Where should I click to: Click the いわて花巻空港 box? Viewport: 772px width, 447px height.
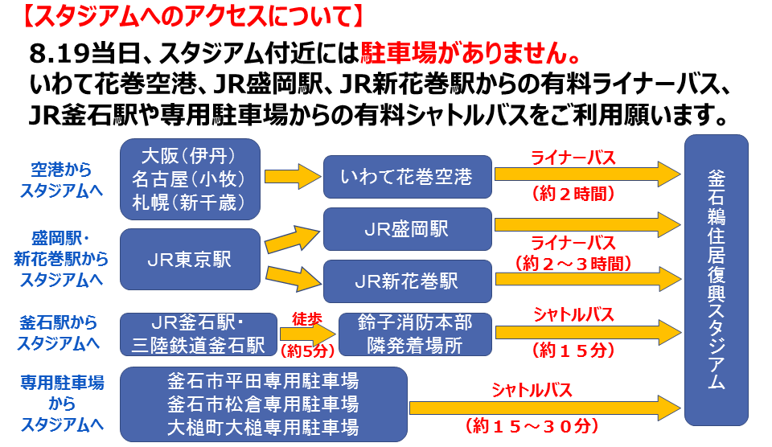tap(407, 176)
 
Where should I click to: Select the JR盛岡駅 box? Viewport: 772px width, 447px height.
tap(407, 229)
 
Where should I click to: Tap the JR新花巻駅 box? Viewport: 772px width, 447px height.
tap(407, 281)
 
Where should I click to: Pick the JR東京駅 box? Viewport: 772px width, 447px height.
tap(190, 260)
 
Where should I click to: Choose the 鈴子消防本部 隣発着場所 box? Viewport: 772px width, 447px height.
tap(415, 334)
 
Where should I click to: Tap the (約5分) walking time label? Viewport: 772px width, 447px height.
tap(306, 350)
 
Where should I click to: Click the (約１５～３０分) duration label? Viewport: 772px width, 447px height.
tap(532, 423)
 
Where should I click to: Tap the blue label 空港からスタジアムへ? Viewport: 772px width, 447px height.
tap(61, 179)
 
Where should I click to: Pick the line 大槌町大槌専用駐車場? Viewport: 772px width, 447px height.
tap(263, 425)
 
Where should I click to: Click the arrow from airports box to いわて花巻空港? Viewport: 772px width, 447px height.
tap(293, 177)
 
